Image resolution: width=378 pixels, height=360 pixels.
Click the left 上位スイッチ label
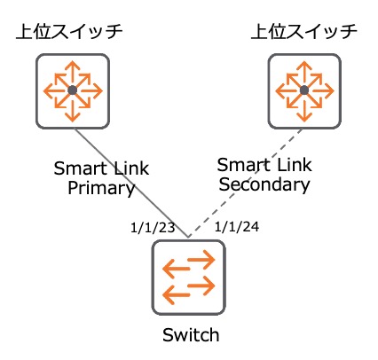[x=69, y=32]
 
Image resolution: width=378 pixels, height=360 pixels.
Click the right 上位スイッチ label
[x=303, y=32]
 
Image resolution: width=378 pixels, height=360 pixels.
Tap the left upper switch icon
[x=73, y=91]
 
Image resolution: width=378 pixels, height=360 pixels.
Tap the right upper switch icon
[x=304, y=91]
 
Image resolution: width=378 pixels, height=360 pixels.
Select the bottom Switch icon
[x=189, y=278]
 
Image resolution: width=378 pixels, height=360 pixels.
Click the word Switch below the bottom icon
[x=191, y=335]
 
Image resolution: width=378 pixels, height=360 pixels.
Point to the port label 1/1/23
[x=153, y=228]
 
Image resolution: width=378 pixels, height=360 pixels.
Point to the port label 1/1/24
[x=237, y=227]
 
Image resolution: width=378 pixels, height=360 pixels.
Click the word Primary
[x=101, y=189]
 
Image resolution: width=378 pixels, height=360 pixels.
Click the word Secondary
[x=264, y=184]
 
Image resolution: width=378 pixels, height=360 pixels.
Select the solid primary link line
[x=130, y=183]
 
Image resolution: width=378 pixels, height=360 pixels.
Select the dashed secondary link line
[x=246, y=183]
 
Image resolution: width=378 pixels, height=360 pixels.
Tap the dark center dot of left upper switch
[x=73, y=90]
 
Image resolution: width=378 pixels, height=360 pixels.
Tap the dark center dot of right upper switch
[x=304, y=90]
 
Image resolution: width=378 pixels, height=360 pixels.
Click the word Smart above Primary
[x=81, y=168]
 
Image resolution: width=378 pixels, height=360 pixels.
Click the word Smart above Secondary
[x=244, y=164]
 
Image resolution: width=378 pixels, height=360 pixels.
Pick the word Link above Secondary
[x=295, y=164]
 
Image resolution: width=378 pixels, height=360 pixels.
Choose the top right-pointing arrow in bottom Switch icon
[x=201, y=260]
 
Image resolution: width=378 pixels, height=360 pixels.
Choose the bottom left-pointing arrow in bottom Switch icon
[x=177, y=295]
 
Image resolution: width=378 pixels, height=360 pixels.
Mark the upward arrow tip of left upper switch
[x=73, y=61]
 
